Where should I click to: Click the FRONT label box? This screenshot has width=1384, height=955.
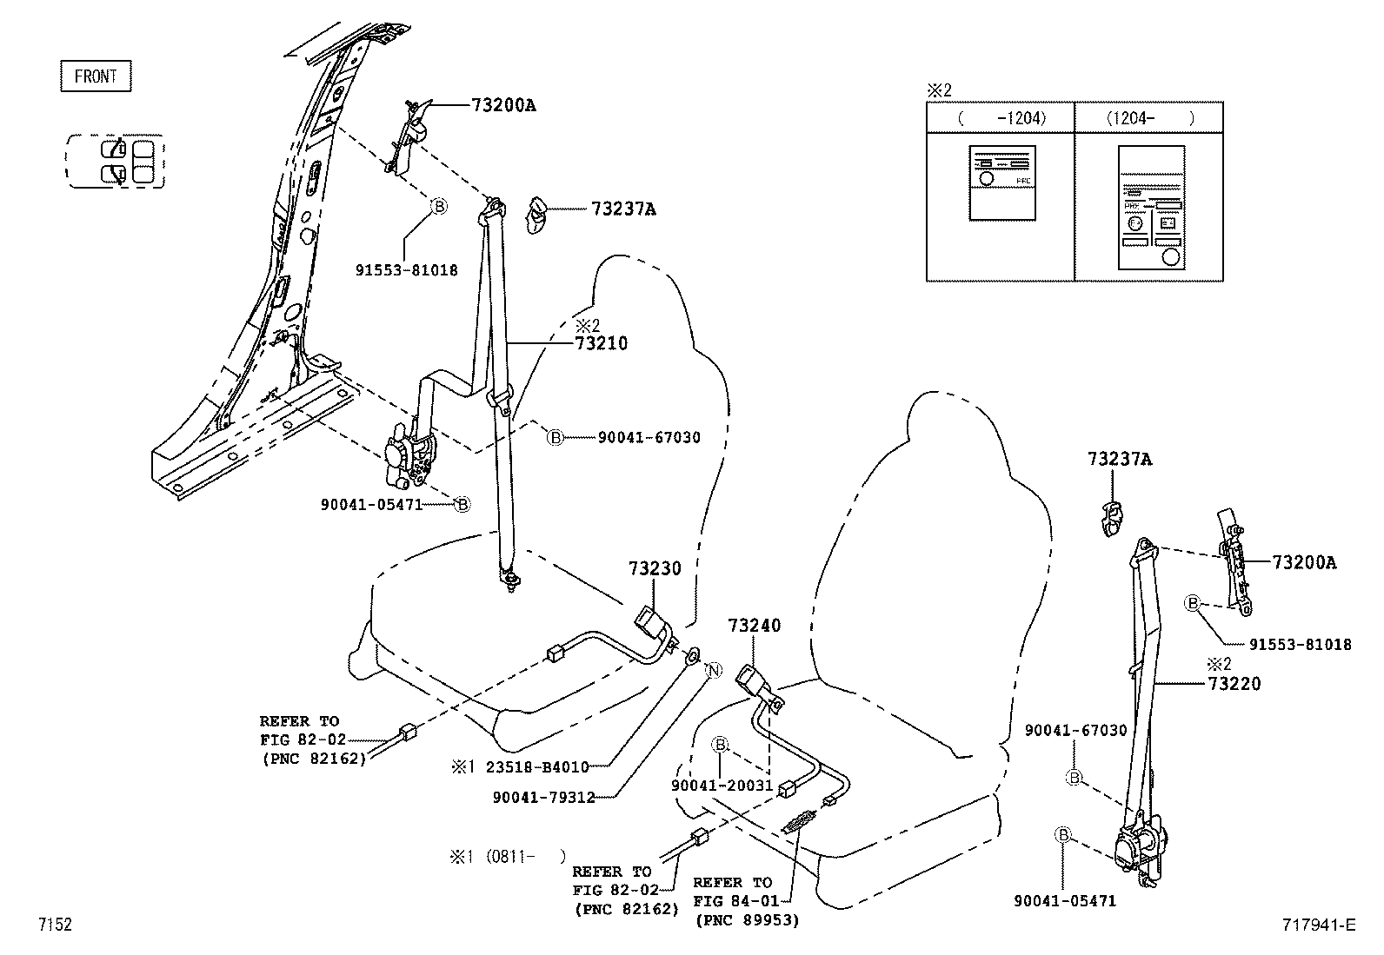tap(96, 76)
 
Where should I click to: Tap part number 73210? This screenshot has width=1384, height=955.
tap(601, 343)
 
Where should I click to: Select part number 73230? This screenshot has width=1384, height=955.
tap(655, 568)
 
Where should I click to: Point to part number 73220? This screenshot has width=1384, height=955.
tap(1234, 684)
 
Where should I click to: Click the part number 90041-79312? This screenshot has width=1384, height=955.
tap(543, 797)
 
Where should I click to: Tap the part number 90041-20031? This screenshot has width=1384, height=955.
tap(722, 786)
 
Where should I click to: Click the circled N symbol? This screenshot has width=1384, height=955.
tap(712, 670)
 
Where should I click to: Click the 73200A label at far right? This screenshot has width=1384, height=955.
tap(1304, 563)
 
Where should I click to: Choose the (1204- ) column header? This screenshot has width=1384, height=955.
tap(1148, 118)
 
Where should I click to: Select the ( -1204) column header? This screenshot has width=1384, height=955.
tap(1001, 118)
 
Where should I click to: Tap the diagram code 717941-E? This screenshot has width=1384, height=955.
tap(1319, 925)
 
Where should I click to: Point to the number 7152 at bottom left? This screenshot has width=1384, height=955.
tap(54, 925)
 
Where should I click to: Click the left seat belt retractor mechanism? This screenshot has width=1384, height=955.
tap(407, 456)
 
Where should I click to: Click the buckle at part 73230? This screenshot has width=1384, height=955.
tap(653, 621)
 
